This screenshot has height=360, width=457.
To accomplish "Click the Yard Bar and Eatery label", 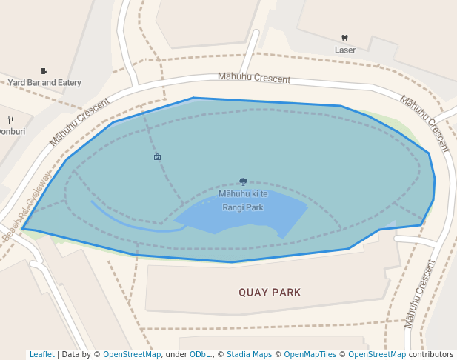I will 44,83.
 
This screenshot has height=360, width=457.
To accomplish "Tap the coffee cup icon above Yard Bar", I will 44,71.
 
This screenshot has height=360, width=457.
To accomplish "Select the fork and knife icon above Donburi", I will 10,119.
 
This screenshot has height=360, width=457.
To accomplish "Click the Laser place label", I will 345,50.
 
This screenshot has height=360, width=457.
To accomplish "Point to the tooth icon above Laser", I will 344,38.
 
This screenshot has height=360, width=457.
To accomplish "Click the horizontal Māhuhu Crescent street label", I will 254,78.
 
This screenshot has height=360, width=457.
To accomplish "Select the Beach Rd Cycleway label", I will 26,207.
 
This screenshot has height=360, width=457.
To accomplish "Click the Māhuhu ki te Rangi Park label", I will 243,201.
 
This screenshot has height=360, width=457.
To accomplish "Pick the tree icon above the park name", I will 243,181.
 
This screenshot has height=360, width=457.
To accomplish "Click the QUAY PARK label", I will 270,293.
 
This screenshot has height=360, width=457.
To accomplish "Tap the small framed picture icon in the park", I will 157,157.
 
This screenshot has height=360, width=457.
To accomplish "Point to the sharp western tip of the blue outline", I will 23,229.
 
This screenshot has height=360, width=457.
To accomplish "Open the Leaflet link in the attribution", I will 41,354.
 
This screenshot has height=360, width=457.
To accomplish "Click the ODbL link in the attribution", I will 200,354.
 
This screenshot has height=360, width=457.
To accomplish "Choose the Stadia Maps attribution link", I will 249,354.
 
